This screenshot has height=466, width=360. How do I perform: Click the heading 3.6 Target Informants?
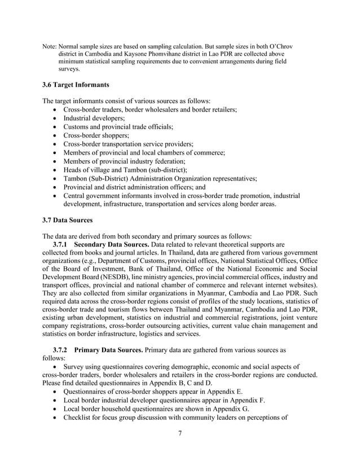76,85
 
